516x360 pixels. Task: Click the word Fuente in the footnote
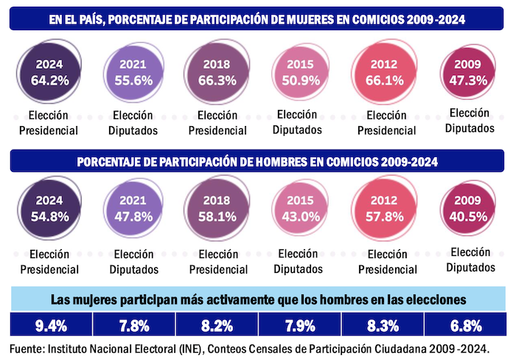[x=27, y=345]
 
